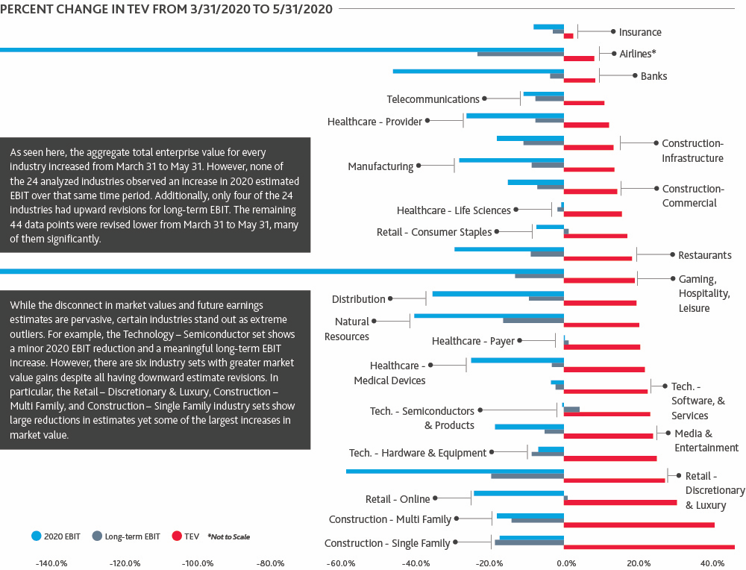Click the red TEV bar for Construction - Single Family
649,547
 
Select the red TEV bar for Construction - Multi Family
639,524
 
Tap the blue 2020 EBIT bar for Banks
478,71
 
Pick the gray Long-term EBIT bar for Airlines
520,54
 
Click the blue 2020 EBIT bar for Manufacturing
511,160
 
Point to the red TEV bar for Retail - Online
620,502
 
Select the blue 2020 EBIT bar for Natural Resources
489,316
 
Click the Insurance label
640,32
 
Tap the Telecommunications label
433,99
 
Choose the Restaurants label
705,255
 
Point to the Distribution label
358,299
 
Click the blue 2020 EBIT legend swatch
35,536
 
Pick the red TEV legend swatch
178,536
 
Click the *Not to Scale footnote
228,536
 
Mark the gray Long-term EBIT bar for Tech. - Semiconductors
571,409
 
